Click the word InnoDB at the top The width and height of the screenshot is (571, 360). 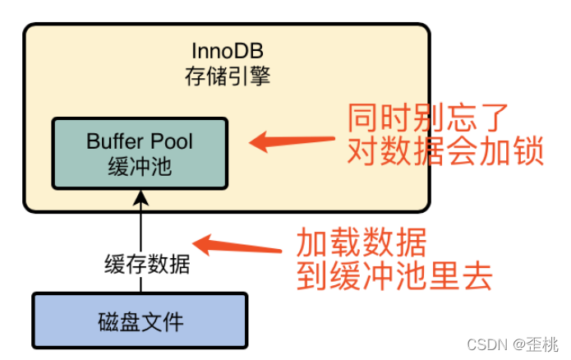click(226, 50)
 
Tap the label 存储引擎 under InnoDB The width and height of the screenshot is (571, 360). click(226, 77)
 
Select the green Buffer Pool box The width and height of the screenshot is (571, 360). click(140, 153)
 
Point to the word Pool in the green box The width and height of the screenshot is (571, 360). click(171, 141)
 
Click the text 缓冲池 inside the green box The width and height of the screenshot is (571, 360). click(140, 167)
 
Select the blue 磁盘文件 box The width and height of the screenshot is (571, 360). click(140, 320)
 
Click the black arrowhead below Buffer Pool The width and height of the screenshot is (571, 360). click(140, 197)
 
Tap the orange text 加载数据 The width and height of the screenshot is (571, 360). click(361, 242)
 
